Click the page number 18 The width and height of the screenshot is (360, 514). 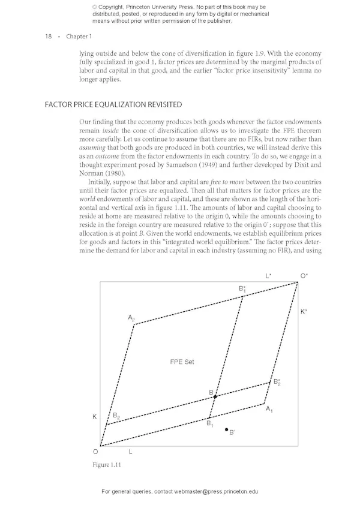coord(48,37)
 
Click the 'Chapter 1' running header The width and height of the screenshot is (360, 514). coord(79,37)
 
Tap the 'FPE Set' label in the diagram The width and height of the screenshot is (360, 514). coord(182,362)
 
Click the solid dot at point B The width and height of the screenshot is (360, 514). coord(215,397)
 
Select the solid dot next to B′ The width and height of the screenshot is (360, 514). coord(226,429)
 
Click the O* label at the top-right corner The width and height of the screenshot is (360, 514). coord(304,276)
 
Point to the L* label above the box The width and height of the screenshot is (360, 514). coord(269,276)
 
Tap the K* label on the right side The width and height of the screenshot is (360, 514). coord(304,312)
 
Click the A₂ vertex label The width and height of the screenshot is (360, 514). coord(131,317)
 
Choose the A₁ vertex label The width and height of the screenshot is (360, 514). coord(269,409)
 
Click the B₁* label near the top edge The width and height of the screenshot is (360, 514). coord(242,289)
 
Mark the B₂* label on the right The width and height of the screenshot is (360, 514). coord(277,381)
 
